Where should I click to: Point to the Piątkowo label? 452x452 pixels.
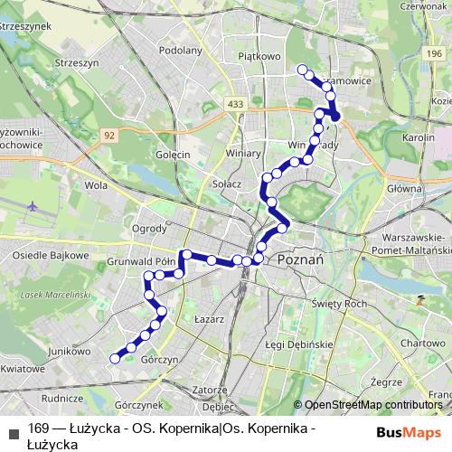(256, 56)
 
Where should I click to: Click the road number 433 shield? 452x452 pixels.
(237, 105)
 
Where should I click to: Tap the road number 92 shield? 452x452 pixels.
(109, 135)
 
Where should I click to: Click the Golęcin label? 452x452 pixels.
(172, 155)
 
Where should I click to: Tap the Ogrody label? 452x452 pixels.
(149, 228)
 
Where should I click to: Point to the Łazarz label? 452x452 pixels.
(209, 319)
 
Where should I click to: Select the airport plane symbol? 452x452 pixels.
(34, 206)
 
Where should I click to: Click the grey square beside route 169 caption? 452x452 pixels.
(14, 429)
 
